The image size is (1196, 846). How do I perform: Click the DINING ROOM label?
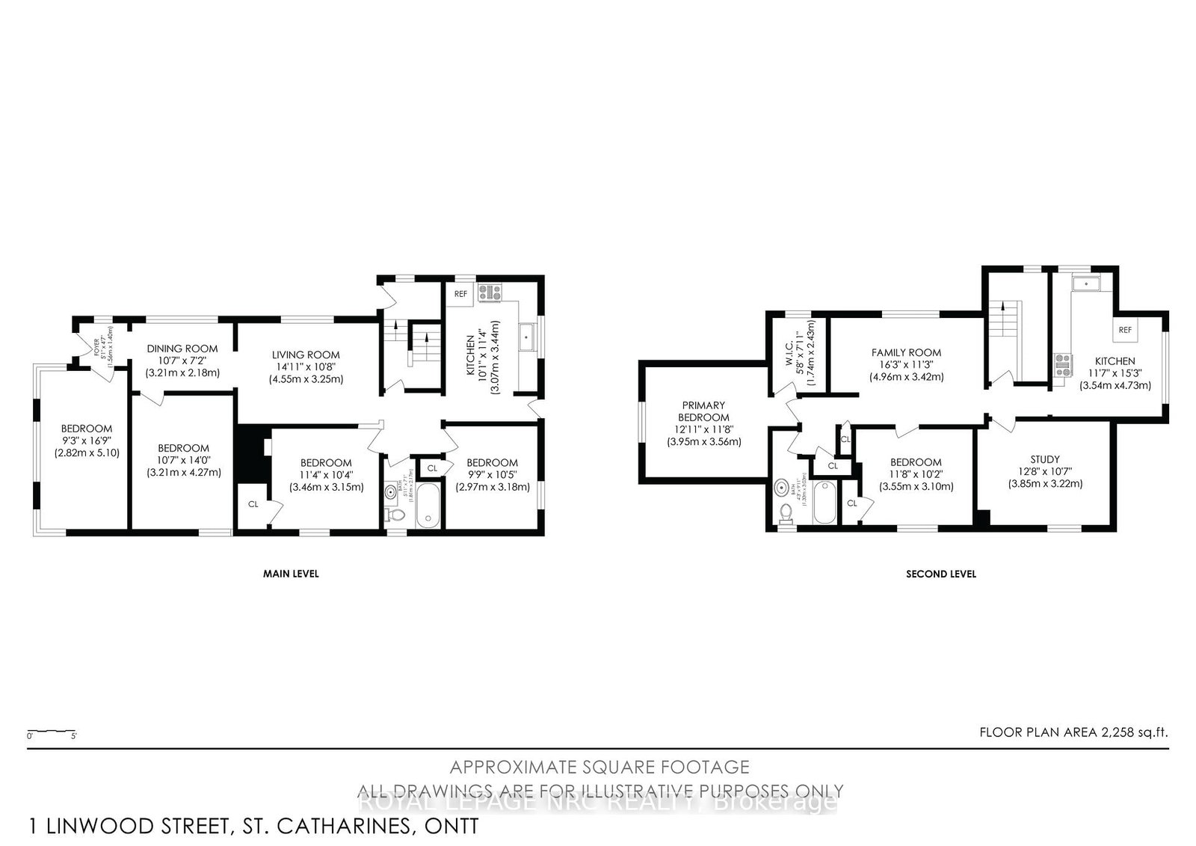click(182, 349)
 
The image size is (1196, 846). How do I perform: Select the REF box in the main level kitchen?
click(460, 294)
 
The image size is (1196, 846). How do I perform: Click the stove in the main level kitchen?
click(492, 292)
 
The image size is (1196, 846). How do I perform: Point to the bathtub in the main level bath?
click(429, 506)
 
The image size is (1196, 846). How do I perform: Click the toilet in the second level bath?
click(785, 512)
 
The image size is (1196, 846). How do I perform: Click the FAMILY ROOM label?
click(906, 352)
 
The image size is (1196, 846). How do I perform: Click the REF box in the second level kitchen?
click(1124, 330)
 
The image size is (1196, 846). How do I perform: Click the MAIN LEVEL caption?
click(291, 574)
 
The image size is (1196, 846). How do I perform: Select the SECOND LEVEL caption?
click(940, 574)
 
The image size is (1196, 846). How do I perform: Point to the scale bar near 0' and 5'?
click(52, 731)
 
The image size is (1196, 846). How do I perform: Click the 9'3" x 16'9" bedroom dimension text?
click(87, 441)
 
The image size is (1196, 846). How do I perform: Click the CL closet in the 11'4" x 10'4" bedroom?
click(253, 504)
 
